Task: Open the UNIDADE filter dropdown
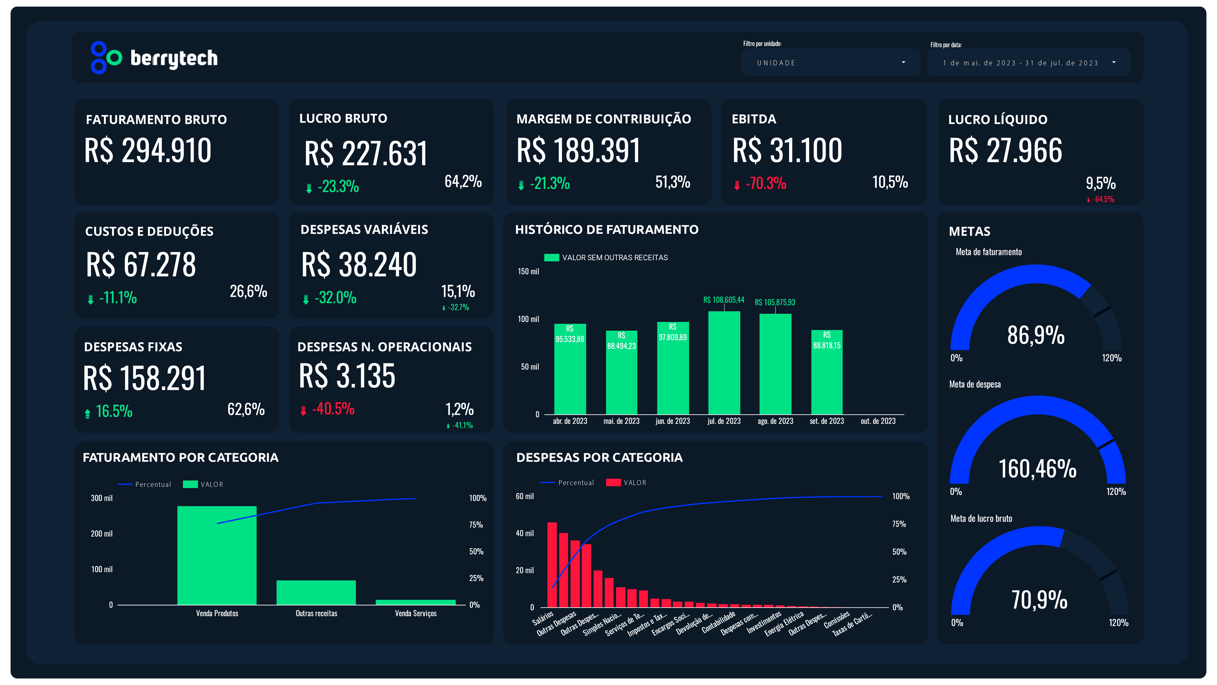830,63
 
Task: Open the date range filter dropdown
1028,63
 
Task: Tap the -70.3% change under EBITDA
765,183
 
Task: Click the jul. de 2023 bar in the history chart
724,362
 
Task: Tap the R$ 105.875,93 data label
775,303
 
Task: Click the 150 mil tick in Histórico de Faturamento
528,272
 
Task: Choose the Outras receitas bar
316,592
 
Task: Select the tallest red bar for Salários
552,564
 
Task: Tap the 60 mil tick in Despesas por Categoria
525,496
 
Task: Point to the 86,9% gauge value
1036,335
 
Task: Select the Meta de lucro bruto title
981,519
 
